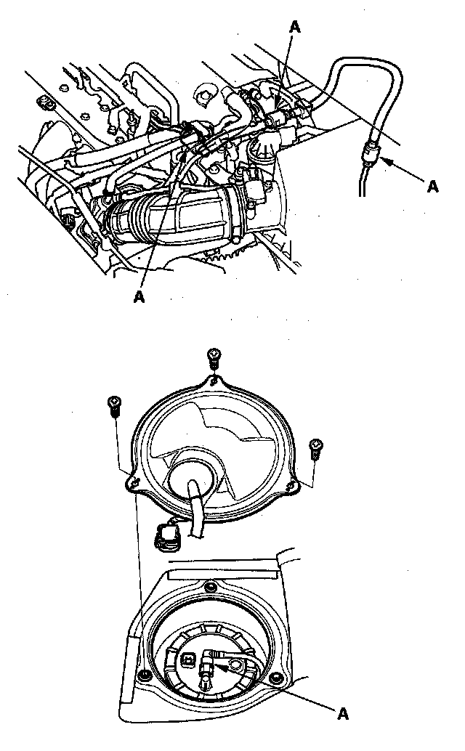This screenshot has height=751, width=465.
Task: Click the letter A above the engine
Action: point(295,25)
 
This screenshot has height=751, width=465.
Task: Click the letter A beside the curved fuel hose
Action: point(433,186)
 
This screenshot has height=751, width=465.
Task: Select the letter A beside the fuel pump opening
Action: point(344,713)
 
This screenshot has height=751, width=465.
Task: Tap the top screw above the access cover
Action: point(214,357)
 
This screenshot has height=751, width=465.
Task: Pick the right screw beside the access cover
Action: point(315,447)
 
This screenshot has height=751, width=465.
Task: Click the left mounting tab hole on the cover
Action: point(131,480)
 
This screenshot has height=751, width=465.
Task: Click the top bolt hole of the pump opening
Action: point(211,585)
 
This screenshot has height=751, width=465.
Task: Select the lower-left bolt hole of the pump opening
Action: point(145,675)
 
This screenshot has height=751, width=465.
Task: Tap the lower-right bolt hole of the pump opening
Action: point(277,678)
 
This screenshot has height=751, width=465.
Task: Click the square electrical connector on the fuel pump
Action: point(189,658)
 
